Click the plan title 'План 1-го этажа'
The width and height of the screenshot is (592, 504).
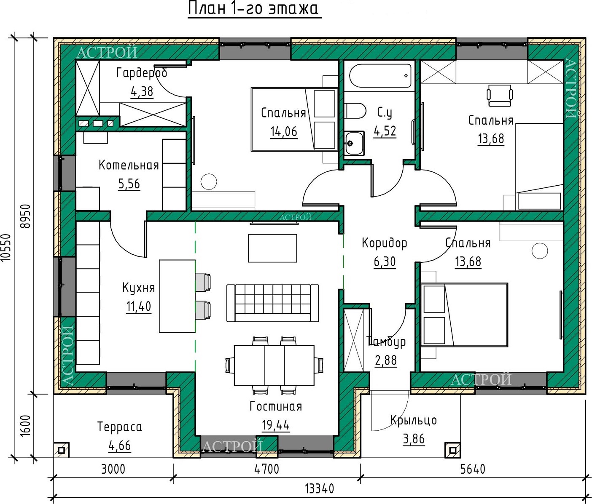tap(253, 8)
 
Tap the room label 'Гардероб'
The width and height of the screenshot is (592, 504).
tap(142, 73)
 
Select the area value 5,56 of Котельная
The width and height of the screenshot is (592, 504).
tap(129, 184)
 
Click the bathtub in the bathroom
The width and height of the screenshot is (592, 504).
tap(380, 76)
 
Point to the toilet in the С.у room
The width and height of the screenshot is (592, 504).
tap(355, 111)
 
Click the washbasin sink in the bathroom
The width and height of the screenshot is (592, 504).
tap(354, 143)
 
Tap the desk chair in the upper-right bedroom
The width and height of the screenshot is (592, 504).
tap(500, 95)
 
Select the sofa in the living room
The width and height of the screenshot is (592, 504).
tap(273, 303)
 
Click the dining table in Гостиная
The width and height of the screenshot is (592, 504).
tap(274, 365)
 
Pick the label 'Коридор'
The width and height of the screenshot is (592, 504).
tap(385, 243)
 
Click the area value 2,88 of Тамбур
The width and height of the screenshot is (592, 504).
tap(386, 360)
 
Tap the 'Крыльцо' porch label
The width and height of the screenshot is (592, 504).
tap(414, 420)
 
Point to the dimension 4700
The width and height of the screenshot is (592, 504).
tap(266, 469)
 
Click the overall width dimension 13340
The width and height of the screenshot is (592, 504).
tap(319, 488)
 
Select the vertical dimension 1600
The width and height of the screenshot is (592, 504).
tap(25, 426)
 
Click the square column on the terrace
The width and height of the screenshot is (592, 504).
tap(61, 450)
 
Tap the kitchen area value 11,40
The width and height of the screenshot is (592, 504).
tap(139, 307)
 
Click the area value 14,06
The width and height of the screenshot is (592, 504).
tap(284, 132)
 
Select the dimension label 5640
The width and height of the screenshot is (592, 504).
tap(473, 469)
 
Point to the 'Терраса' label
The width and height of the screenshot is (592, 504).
tap(120, 427)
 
